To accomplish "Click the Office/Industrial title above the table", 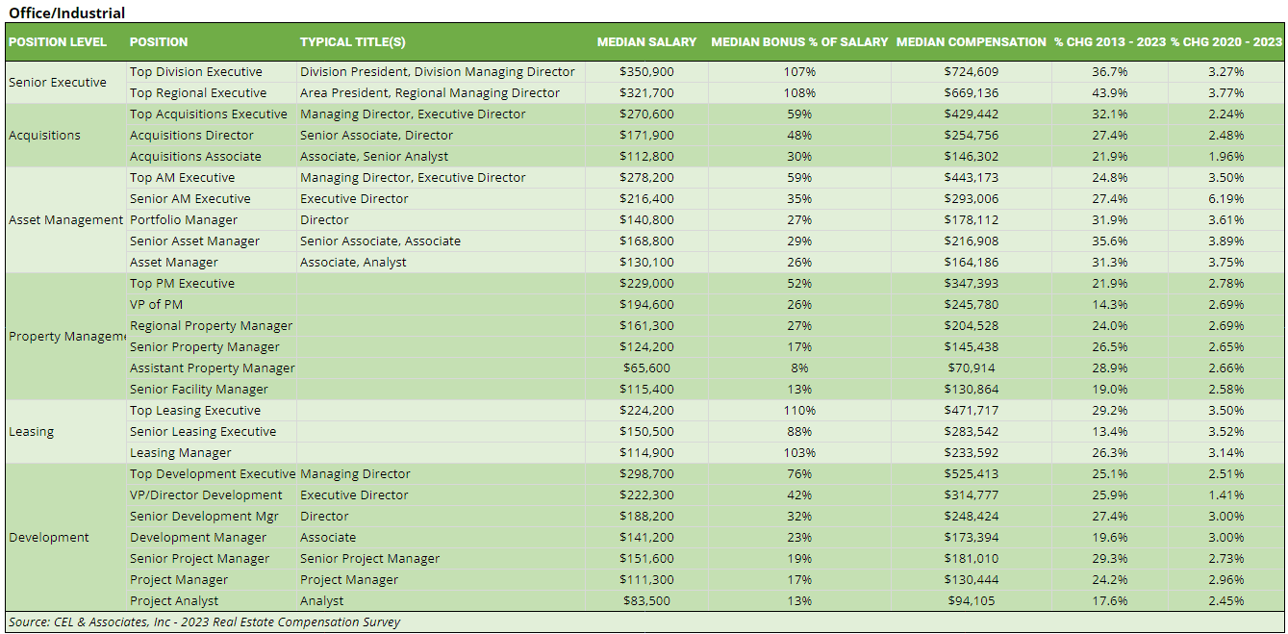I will pos(67,13).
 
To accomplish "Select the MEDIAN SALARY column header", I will pos(646,42).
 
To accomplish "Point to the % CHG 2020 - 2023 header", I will pos(1226,42).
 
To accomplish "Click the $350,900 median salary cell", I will pos(646,72).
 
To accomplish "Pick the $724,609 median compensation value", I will pos(972,72).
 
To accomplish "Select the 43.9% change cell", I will pos(1110,93).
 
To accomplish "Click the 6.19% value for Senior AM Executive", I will pos(1226,199).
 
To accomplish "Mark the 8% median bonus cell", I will pos(799,368).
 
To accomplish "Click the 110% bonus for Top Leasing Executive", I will pos(799,411).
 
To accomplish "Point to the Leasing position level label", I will pos(32,432).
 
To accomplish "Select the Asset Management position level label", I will pos(66,220).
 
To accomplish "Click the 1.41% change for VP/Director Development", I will pos(1226,495).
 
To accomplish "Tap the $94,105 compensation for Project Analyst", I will pos(972,601).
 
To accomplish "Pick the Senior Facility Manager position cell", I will pos(199,390).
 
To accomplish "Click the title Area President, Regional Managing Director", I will pos(429,93).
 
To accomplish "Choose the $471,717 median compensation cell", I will pos(972,411).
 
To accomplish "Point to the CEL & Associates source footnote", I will pos(204,622).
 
